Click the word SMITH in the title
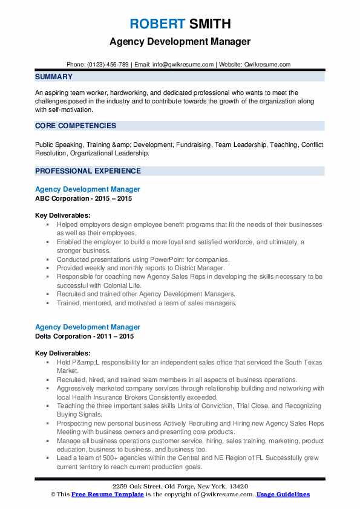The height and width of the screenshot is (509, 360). tap(210, 25)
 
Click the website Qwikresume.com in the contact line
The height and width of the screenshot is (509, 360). tap(267, 64)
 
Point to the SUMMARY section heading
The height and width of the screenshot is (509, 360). tap(54, 77)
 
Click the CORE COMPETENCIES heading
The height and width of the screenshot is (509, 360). tap(76, 126)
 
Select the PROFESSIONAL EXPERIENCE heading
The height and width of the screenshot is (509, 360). tap(88, 170)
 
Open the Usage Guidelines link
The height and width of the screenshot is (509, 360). tap(283, 494)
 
